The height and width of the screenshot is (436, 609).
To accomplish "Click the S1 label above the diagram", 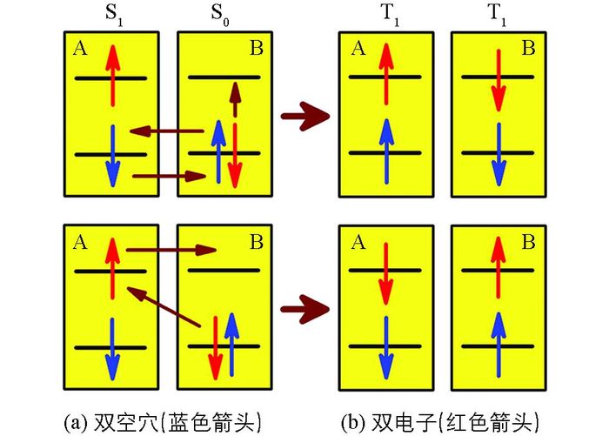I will tap(111, 16).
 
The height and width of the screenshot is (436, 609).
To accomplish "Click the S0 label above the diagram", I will tap(223, 16).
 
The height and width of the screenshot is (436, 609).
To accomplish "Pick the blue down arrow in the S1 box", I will tap(111, 157).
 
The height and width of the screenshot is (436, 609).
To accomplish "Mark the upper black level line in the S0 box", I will tap(224, 78).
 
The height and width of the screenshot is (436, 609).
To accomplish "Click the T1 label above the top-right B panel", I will tap(499, 16).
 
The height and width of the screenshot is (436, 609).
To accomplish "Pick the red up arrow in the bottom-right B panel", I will tap(499, 265).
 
